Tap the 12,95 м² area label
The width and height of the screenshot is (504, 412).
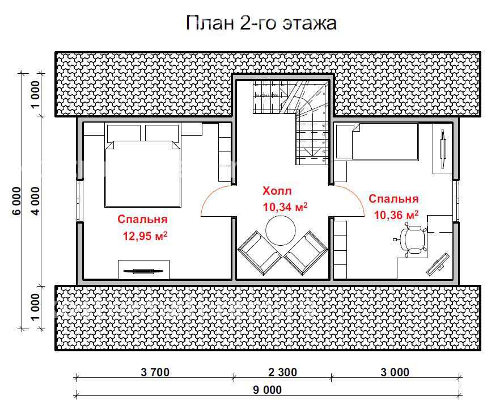[x=145, y=235]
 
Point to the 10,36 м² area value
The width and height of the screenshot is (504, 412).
[x=396, y=215]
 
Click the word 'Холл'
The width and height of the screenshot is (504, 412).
[x=277, y=191]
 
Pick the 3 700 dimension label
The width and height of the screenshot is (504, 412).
[x=154, y=373]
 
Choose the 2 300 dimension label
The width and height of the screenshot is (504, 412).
[x=282, y=373]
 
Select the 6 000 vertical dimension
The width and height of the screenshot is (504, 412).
[x=16, y=201]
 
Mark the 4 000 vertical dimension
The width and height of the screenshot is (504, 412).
[x=35, y=201]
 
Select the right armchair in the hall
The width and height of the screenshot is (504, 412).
[x=306, y=251]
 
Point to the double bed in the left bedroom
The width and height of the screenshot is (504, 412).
[x=143, y=173]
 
